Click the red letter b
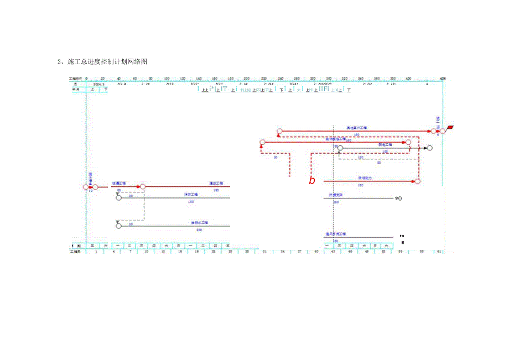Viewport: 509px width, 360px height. pyautogui.click(x=312, y=181)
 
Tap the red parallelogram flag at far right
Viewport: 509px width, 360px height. pyautogui.click(x=451, y=128)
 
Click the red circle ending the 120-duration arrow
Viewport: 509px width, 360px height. pyautogui.click(x=418, y=181)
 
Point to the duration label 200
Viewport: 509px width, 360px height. pyautogui.click(x=199, y=229)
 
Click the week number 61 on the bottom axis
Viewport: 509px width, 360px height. pyautogui.click(x=439, y=252)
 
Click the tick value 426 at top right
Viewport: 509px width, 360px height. pyautogui.click(x=442, y=79)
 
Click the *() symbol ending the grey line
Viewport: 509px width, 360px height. pyautogui.click(x=398, y=198)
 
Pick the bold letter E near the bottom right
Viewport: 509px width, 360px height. pyautogui.click(x=402, y=242)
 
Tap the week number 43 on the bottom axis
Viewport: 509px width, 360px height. pyautogui.click(x=334, y=252)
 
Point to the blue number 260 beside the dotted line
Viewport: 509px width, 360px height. pyautogui.click(x=335, y=202)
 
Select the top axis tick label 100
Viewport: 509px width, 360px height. pyautogui.click(x=167, y=79)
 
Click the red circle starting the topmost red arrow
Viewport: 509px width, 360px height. pyautogui.click(x=279, y=132)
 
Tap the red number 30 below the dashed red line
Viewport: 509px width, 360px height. pyautogui.click(x=276, y=157)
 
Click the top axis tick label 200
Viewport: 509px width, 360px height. pyautogui.click(x=247, y=79)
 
